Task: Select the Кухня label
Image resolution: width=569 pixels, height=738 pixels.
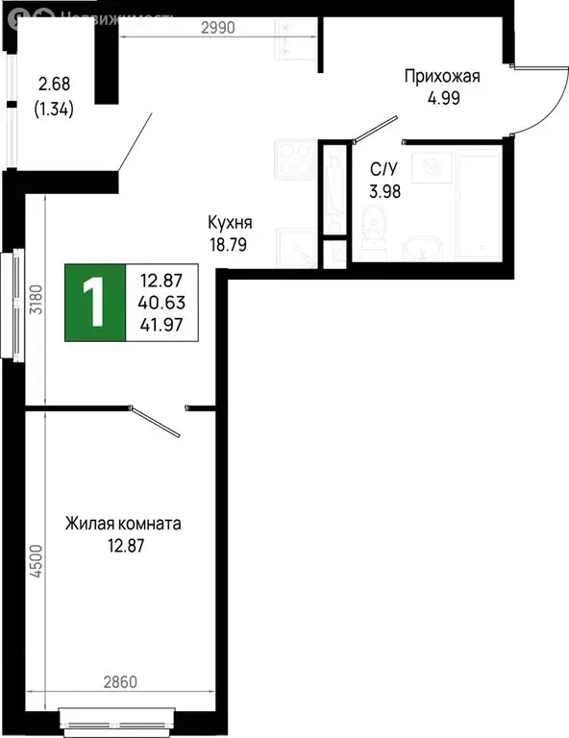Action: coord(230,224)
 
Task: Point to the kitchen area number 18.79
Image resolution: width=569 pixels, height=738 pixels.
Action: coord(230,244)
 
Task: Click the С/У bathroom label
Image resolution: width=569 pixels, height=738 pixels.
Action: coord(384,169)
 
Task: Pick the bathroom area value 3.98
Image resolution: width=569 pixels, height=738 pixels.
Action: coord(384,189)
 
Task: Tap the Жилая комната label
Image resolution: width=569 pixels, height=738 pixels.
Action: coord(123,525)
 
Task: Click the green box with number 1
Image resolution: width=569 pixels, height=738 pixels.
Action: coord(95,303)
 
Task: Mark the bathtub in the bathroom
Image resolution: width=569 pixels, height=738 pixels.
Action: coord(477,204)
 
